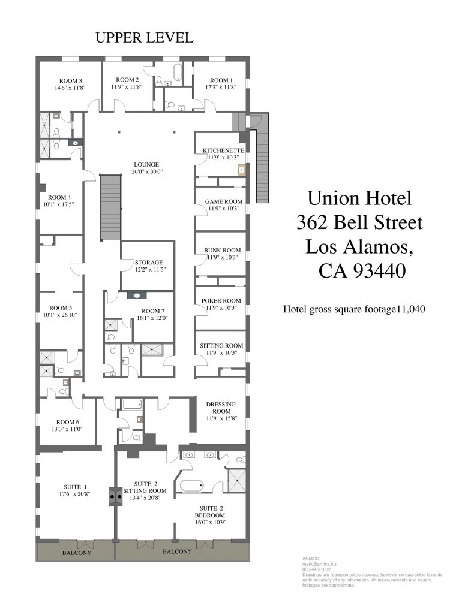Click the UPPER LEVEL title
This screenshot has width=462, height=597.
145,38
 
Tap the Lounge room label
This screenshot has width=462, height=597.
146,164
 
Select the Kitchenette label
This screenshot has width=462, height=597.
223,150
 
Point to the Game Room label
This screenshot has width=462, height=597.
224,201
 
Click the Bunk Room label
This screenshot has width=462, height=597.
223,250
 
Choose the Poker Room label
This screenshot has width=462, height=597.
221,301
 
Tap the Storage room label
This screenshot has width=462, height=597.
149,263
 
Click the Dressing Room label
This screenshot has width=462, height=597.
221,408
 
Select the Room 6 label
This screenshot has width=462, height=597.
68,422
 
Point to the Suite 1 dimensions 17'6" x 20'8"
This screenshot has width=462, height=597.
75,494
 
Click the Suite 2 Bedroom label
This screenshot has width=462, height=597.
211,512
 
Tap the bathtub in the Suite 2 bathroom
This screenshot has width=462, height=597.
192,486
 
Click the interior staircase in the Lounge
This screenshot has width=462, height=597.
110,207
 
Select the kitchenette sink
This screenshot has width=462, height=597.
241,170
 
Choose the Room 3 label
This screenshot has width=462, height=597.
71,81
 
